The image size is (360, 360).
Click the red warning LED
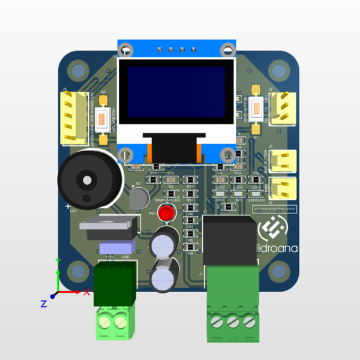point(166,212)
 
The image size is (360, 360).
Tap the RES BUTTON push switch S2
point(103,116)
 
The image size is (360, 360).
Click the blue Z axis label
point(43,304)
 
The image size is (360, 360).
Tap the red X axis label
point(87,292)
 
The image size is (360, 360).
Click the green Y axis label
point(57,262)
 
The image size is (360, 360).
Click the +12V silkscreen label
point(110,257)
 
